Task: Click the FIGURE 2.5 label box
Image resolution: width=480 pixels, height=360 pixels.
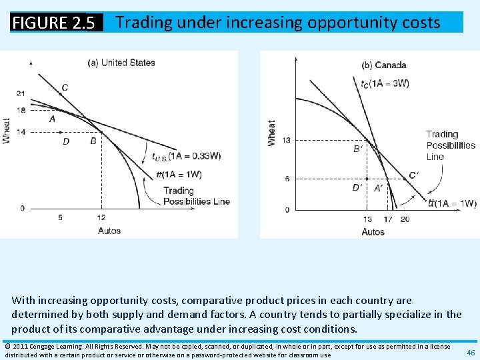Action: [x=57, y=23]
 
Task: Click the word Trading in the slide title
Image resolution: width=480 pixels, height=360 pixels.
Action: [x=143, y=23]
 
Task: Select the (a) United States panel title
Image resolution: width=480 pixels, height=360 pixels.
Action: [x=121, y=63]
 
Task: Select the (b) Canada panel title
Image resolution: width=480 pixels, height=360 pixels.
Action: [x=383, y=65]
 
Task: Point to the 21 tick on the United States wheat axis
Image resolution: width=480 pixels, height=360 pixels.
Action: [x=21, y=93]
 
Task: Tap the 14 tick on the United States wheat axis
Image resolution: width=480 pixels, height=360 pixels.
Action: [x=21, y=132]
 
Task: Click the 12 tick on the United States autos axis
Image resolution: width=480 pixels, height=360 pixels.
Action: [x=101, y=217]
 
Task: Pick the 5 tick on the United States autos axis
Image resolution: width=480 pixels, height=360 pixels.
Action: [x=60, y=217]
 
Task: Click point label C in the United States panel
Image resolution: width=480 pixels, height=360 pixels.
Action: [x=65, y=87]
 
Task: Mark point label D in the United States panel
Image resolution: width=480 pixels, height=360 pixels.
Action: [x=66, y=141]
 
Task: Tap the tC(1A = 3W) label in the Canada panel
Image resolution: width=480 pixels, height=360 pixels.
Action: [x=385, y=83]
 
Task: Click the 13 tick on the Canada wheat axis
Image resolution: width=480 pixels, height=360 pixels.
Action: [x=287, y=140]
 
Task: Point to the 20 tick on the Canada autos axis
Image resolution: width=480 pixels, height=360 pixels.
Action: [x=405, y=219]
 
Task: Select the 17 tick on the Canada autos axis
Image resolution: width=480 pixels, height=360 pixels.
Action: [x=388, y=219]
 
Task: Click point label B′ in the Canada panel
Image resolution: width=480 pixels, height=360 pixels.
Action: [x=357, y=149]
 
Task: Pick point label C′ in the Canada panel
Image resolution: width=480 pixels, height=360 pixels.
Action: [x=414, y=176]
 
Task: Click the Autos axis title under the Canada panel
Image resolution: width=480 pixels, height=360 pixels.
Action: [x=373, y=231]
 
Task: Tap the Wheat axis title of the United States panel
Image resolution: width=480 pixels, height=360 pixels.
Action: [x=7, y=130]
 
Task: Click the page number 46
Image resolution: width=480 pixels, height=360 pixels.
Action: [x=471, y=352]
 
